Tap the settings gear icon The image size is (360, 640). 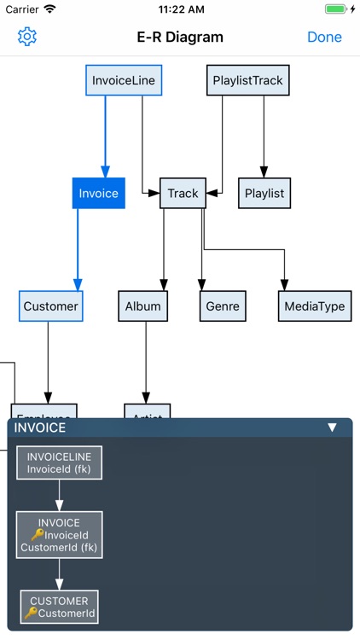tap(27, 37)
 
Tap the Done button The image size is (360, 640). tap(324, 38)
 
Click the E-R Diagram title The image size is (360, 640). tap(180, 38)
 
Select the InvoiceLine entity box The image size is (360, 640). tap(124, 81)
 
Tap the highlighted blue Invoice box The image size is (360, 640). tap(99, 193)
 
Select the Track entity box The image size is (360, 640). tap(183, 193)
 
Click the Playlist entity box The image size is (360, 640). tap(264, 193)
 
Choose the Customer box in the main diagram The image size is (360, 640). tap(51, 305)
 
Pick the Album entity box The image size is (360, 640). tap(142, 305)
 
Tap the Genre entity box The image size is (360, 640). tap(223, 305)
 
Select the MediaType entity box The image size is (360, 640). tap(314, 305)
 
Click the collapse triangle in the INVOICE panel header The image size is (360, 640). tap(333, 428)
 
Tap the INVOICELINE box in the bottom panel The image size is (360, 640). tap(59, 463)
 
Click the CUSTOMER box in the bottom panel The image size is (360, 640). tap(59, 607)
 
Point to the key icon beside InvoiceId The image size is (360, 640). tap(36, 535)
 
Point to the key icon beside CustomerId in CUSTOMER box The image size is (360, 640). tap(31, 613)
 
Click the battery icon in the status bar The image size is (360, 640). tap(335, 9)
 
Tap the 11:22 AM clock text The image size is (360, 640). tap(180, 9)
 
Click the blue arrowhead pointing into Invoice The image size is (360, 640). tap(105, 170)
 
